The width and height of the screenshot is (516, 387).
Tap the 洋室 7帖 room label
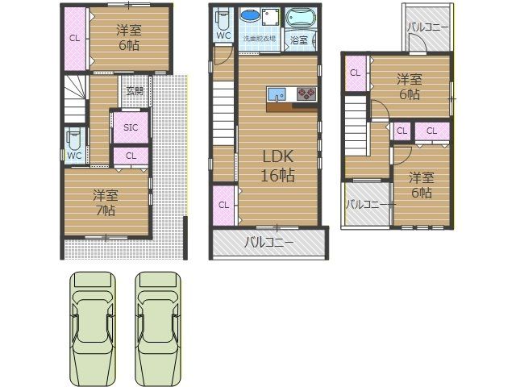(105, 202)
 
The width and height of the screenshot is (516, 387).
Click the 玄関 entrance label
(134, 90)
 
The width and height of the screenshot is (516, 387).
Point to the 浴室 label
(298, 40)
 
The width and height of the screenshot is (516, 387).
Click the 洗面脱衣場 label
(260, 39)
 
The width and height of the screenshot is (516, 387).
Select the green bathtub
(302, 17)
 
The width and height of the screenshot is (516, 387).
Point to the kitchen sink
(277, 93)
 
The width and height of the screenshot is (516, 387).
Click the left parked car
(93, 329)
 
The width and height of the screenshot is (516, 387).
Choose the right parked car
(158, 329)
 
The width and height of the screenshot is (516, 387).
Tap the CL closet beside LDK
(223, 205)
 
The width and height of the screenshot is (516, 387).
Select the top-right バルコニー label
(427, 27)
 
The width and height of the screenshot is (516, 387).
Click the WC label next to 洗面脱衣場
(224, 36)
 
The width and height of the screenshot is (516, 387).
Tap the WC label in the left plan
(74, 155)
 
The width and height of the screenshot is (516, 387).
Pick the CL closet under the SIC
(131, 156)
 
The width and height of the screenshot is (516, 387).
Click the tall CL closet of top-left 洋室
(74, 38)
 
